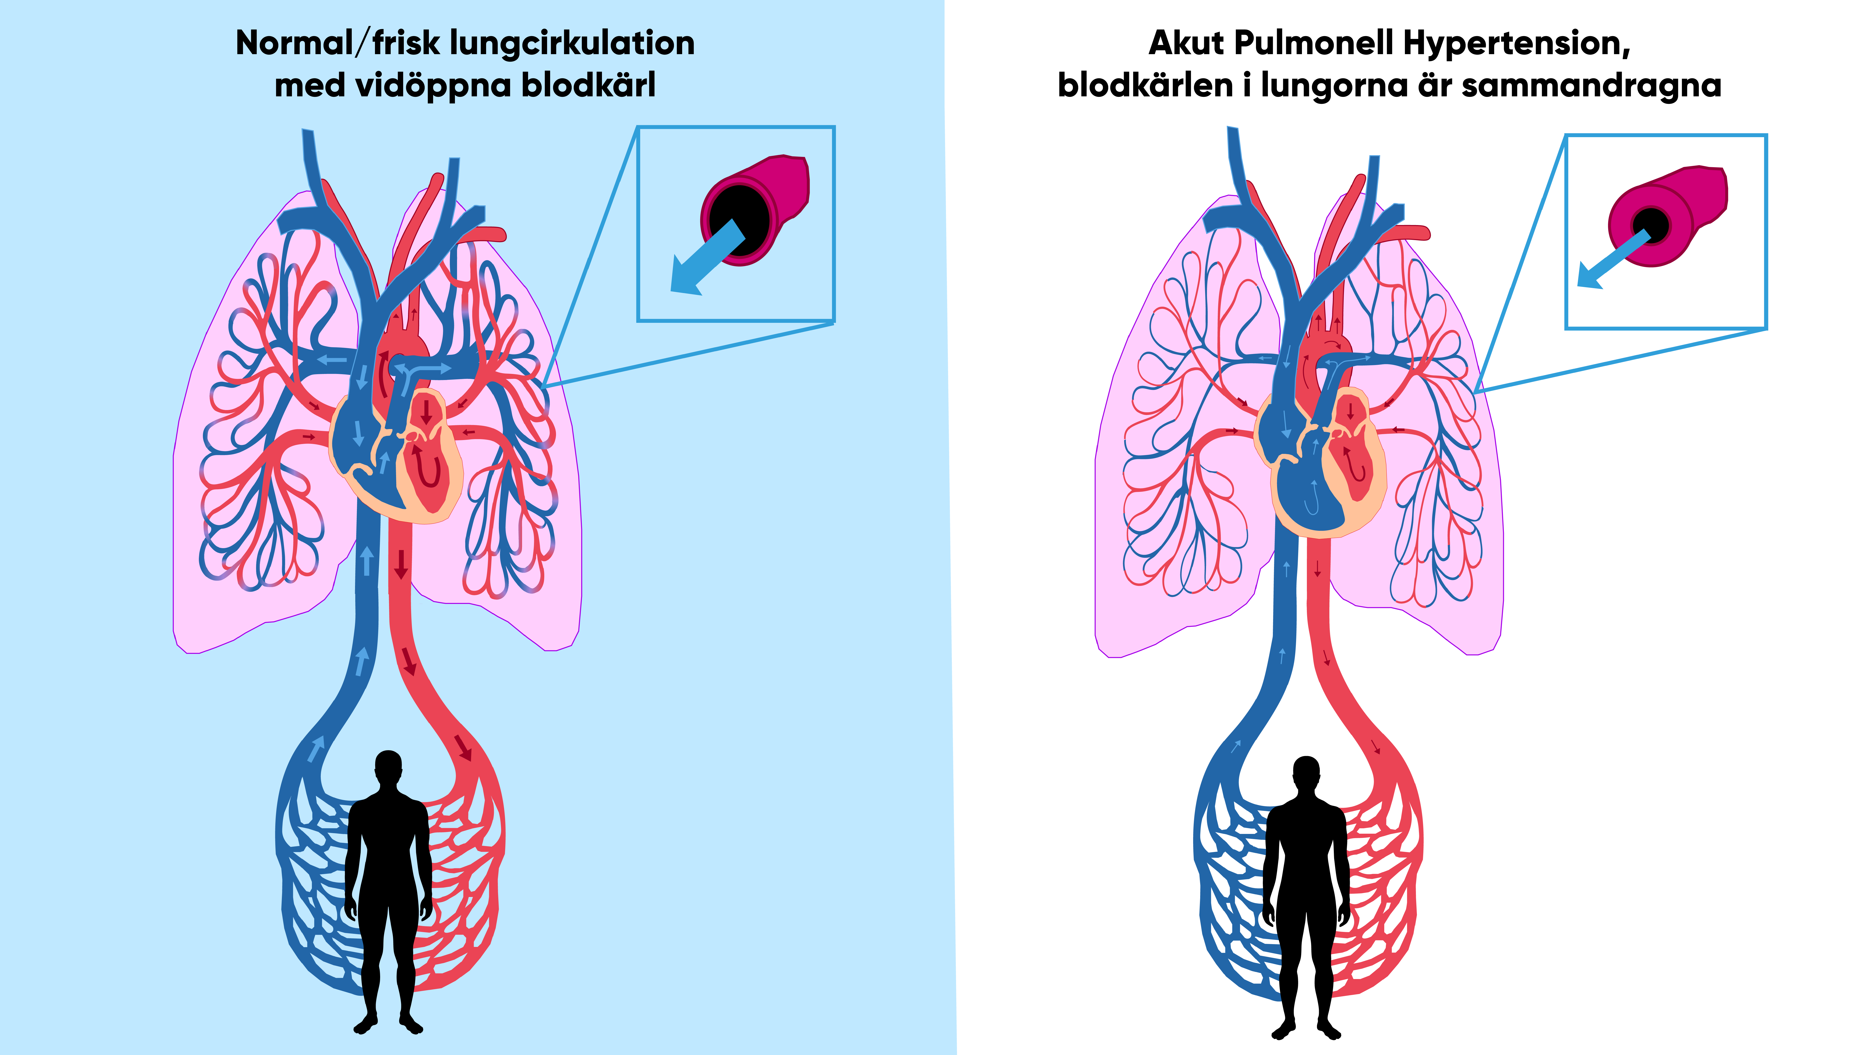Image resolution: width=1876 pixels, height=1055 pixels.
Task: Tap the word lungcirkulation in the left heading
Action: (572, 44)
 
